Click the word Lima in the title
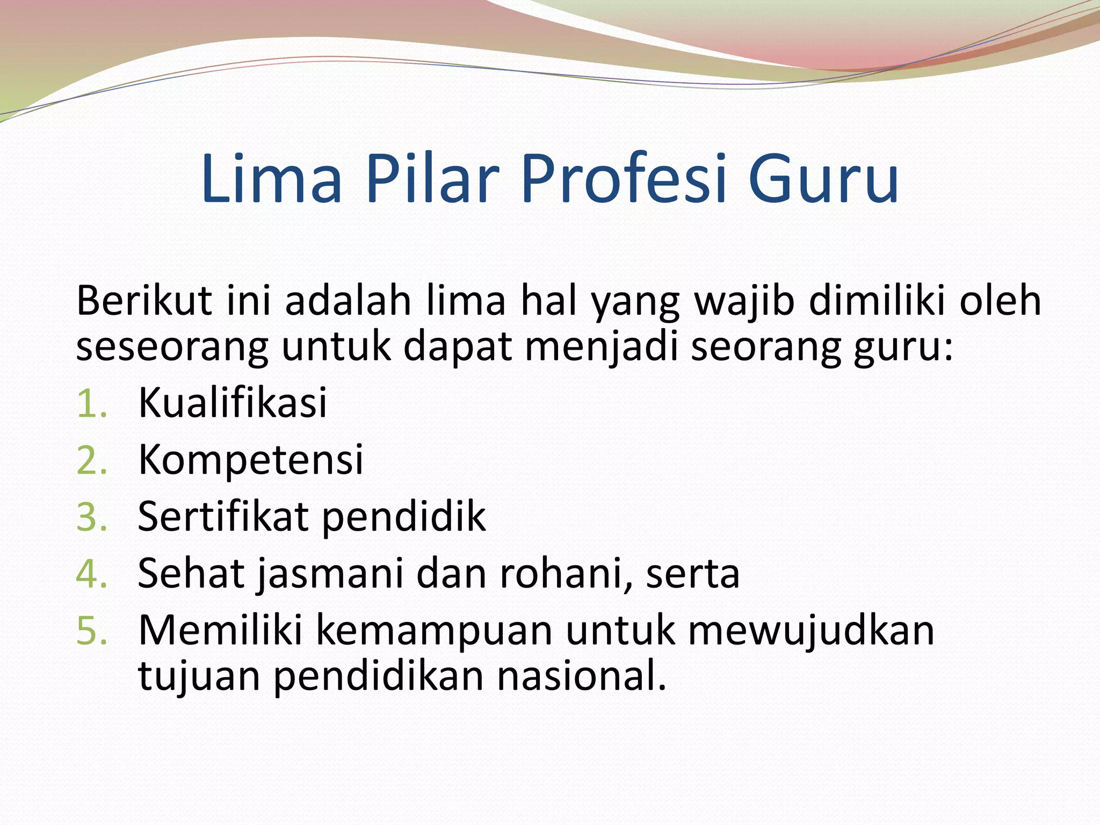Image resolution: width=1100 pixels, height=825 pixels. pos(271,178)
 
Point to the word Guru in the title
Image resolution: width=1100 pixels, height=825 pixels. pos(823,178)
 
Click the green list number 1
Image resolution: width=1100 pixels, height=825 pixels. pos(91,404)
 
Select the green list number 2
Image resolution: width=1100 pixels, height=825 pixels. pos(92,461)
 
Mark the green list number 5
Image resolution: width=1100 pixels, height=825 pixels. pos(92,632)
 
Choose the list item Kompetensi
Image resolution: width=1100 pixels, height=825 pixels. pos(251,461)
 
